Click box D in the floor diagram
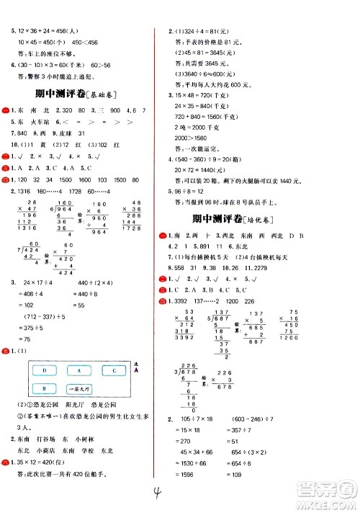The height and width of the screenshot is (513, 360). (45, 370)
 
